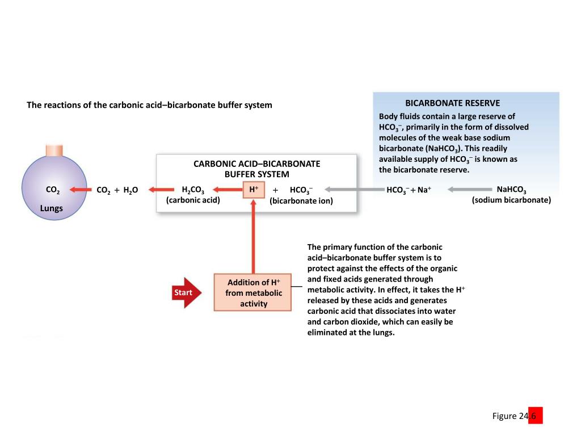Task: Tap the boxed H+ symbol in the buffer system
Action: click(x=254, y=189)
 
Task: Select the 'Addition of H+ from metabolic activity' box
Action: click(x=253, y=293)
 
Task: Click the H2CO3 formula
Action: click(x=193, y=190)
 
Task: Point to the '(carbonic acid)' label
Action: click(x=193, y=200)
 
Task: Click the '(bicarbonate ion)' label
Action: click(x=301, y=201)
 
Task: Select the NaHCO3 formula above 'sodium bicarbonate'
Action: click(x=511, y=190)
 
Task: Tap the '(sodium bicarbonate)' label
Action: click(x=511, y=200)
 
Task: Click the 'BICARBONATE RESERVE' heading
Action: click(x=453, y=103)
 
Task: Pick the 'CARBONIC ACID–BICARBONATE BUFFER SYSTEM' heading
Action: click(x=257, y=169)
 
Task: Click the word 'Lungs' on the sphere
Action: click(x=52, y=208)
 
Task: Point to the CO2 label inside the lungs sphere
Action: click(x=53, y=190)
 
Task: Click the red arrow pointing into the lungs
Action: click(x=81, y=190)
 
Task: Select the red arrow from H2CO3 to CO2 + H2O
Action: click(x=159, y=190)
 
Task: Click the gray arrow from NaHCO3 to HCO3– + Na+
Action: click(x=468, y=190)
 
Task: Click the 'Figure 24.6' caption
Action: click(x=517, y=416)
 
